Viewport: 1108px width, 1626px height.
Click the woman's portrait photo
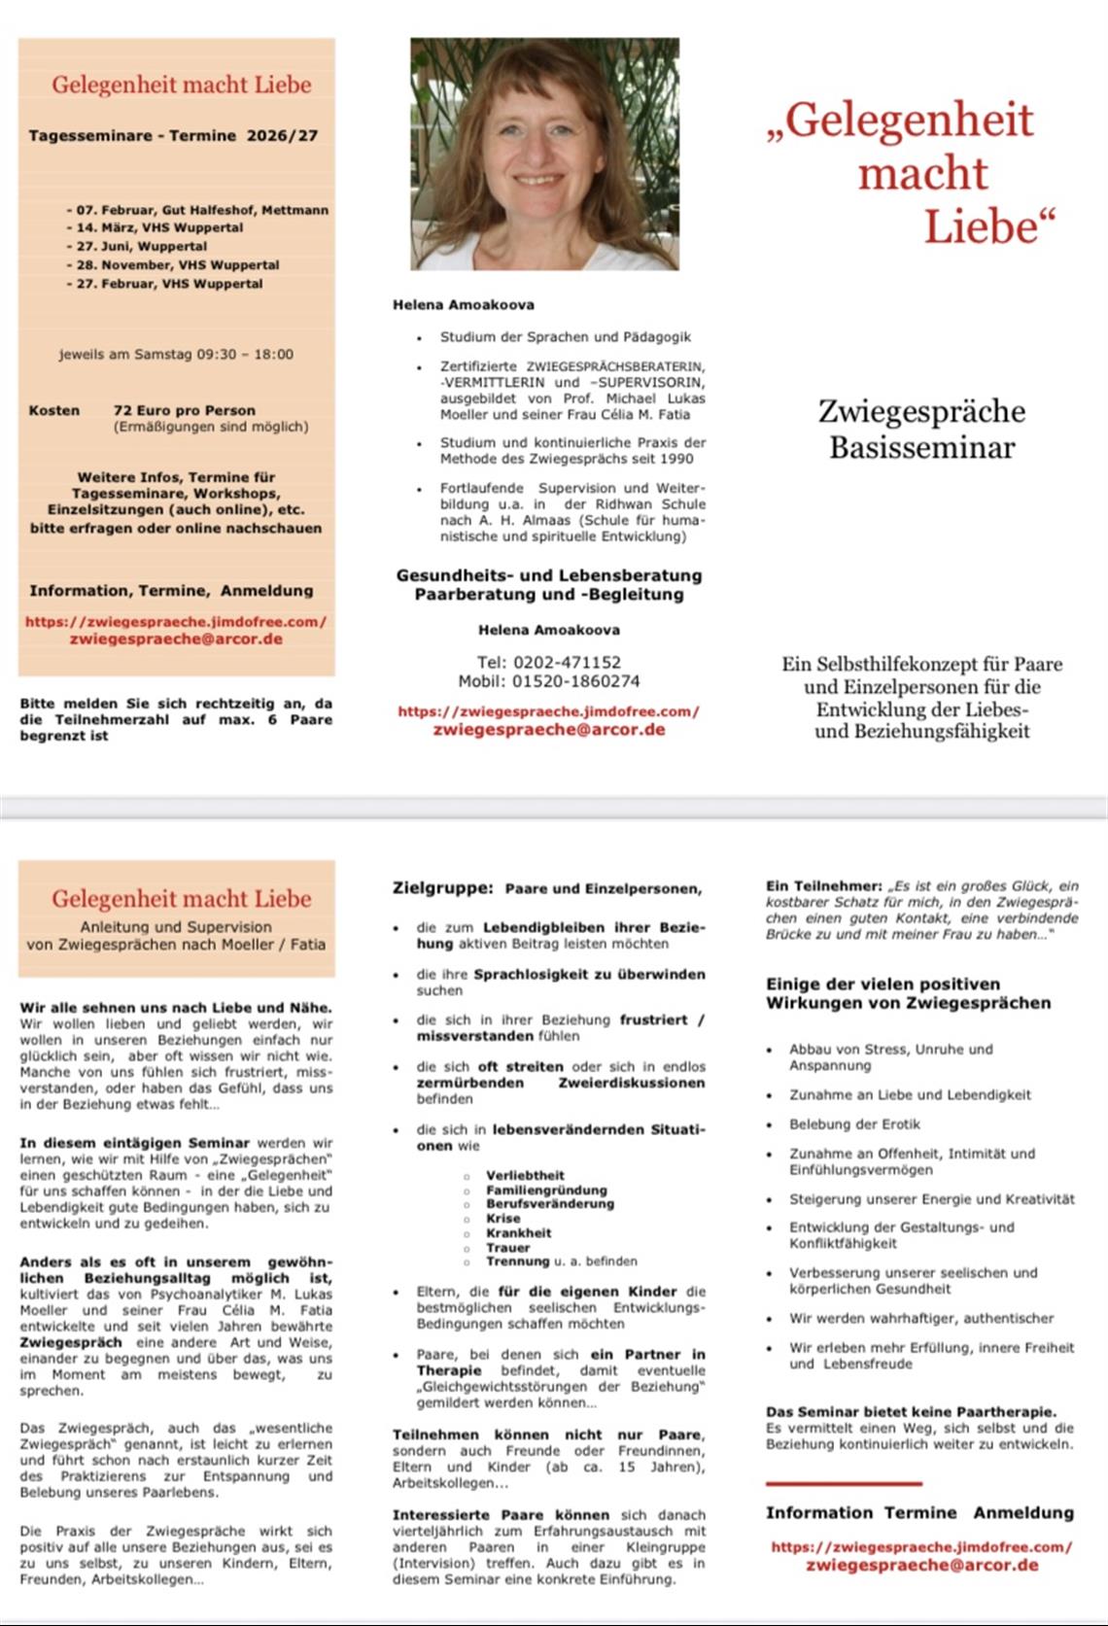[x=544, y=154]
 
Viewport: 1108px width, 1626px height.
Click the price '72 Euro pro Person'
[x=185, y=410]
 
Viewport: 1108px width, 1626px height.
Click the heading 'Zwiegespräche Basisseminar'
[x=921, y=429]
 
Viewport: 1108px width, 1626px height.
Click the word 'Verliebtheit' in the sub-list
[x=525, y=1175]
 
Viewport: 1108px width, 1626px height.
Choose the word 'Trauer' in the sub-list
[x=508, y=1247]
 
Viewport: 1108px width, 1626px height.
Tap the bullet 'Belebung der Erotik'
[x=854, y=1124]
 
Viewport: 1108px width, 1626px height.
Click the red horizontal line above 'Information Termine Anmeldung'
[x=843, y=1484]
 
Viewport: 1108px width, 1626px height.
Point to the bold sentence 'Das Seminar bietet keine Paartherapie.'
[x=911, y=1411]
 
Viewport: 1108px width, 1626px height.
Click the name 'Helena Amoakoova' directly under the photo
[x=464, y=304]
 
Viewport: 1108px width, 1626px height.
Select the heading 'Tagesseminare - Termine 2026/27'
[x=173, y=136]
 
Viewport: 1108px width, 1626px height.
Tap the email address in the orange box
[x=176, y=639]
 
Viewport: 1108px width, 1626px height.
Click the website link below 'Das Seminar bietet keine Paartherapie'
[x=921, y=1546]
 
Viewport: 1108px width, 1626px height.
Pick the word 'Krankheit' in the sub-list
[x=518, y=1232]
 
